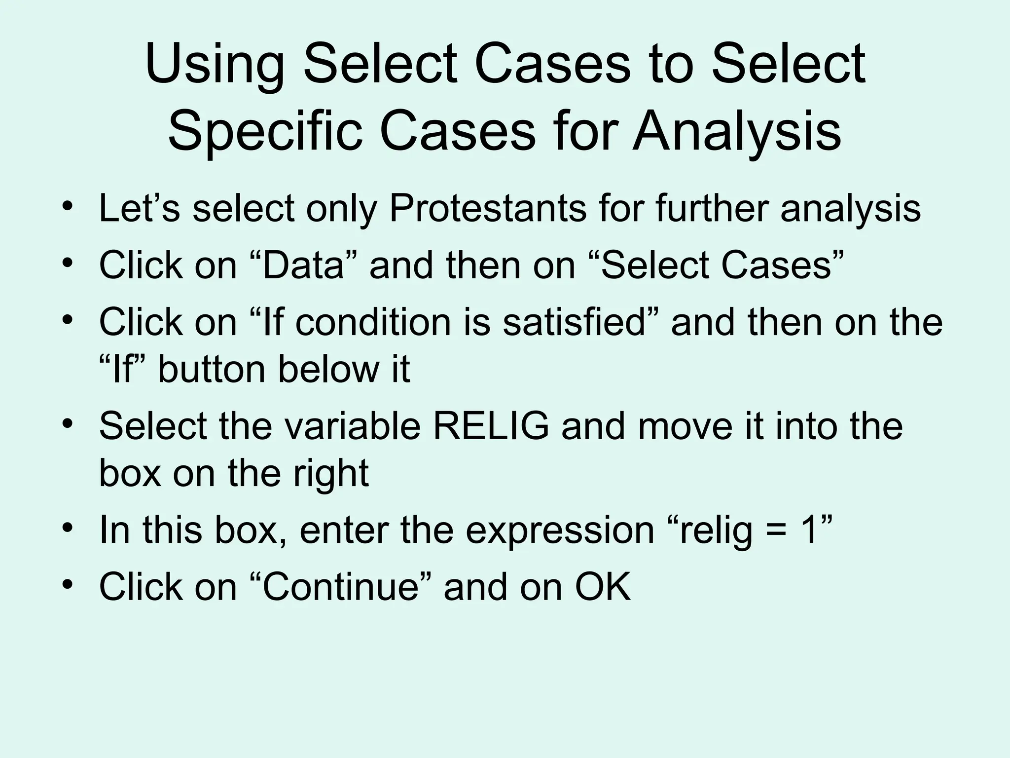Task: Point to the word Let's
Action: pyautogui.click(x=140, y=209)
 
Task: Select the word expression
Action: pyautogui.click(x=560, y=531)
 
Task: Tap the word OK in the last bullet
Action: pyautogui.click(x=603, y=587)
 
